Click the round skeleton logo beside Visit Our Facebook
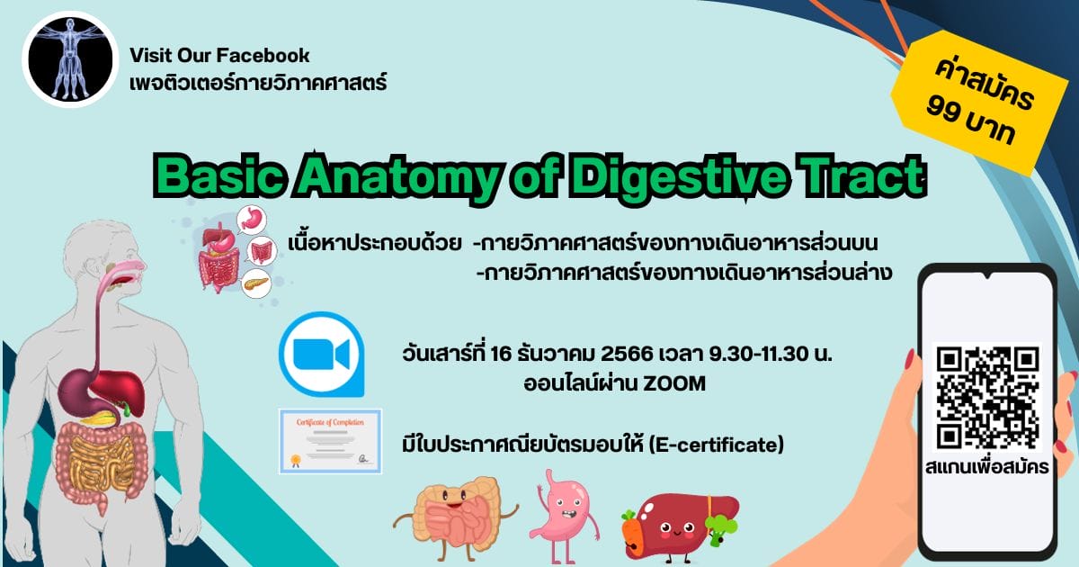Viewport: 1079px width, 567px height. click(70, 58)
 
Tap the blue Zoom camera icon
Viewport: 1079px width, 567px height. click(322, 355)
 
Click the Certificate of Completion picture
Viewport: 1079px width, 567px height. click(331, 441)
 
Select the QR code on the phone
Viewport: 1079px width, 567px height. click(987, 397)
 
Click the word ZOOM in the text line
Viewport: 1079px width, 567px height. click(674, 383)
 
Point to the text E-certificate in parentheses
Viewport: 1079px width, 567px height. click(717, 445)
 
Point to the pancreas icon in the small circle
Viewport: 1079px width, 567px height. click(255, 283)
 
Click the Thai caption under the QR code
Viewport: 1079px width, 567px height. click(987, 467)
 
